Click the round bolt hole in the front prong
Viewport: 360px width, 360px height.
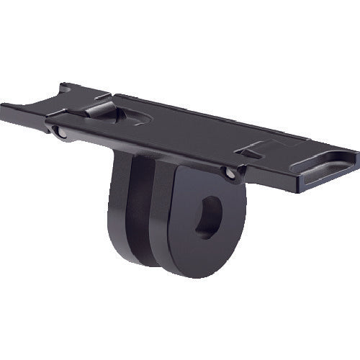(x=208, y=217)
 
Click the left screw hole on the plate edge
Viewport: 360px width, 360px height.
(x=58, y=132)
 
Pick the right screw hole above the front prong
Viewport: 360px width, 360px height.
(x=228, y=173)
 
